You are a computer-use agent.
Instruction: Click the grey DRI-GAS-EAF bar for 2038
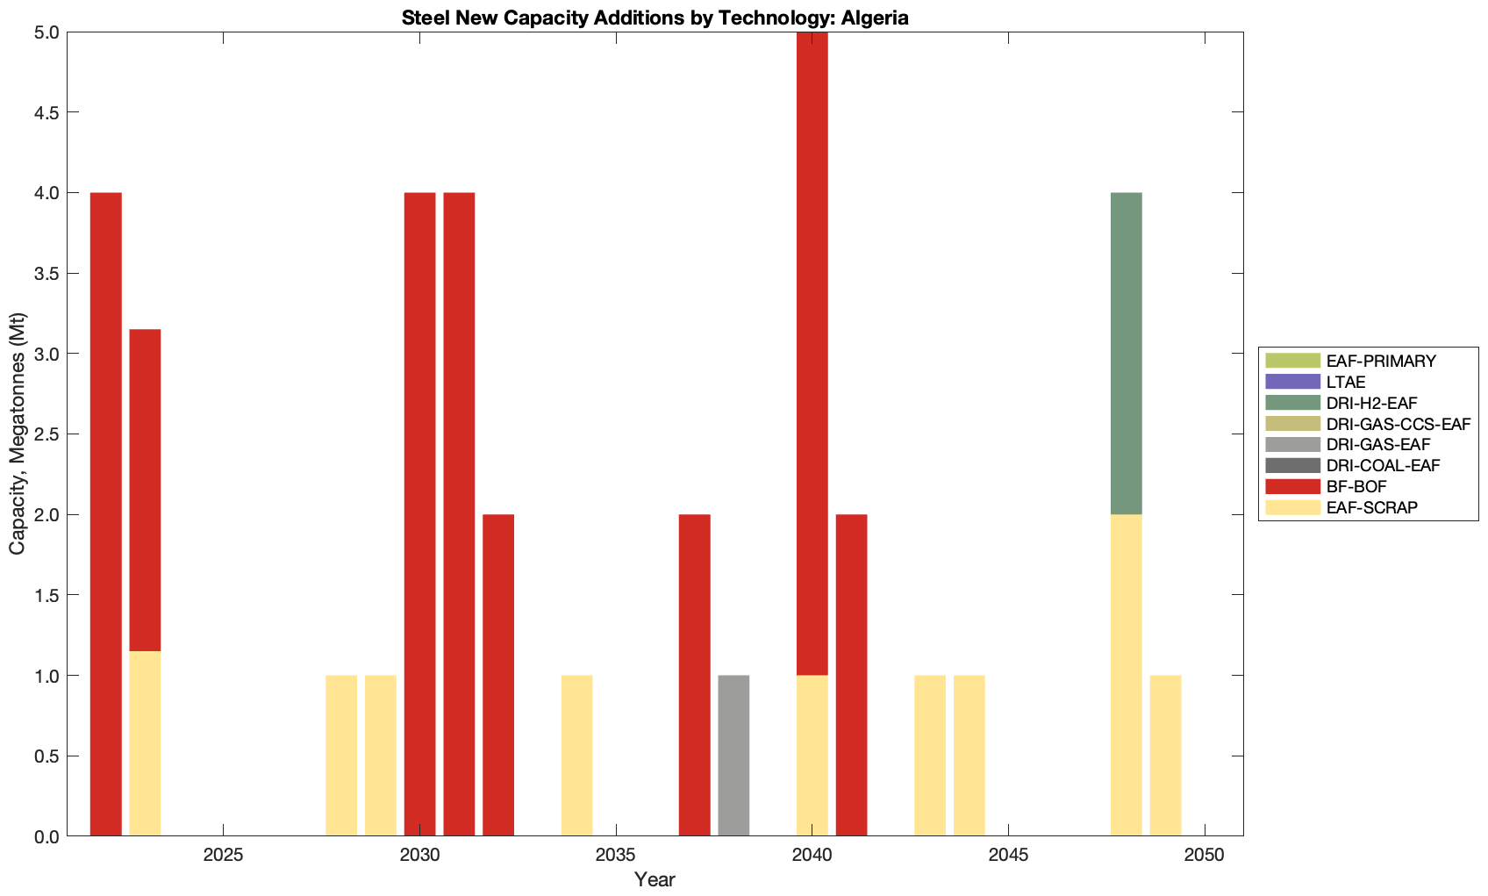[733, 756]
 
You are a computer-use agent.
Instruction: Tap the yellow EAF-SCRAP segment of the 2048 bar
[1126, 675]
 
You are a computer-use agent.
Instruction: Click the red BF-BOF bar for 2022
[106, 514]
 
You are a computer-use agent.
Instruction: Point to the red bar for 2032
[498, 675]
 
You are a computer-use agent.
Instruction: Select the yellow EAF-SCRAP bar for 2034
[576, 756]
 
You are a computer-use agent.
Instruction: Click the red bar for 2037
[694, 675]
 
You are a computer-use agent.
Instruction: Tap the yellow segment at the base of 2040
[812, 756]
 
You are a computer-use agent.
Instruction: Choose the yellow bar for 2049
[1165, 756]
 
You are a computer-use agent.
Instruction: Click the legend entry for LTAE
[1346, 382]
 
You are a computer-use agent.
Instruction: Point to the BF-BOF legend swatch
[1292, 486]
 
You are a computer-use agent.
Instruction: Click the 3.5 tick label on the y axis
[45, 273]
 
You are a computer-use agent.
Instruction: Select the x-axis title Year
[655, 879]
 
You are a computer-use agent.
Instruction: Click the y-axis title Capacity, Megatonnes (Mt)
[17, 434]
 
